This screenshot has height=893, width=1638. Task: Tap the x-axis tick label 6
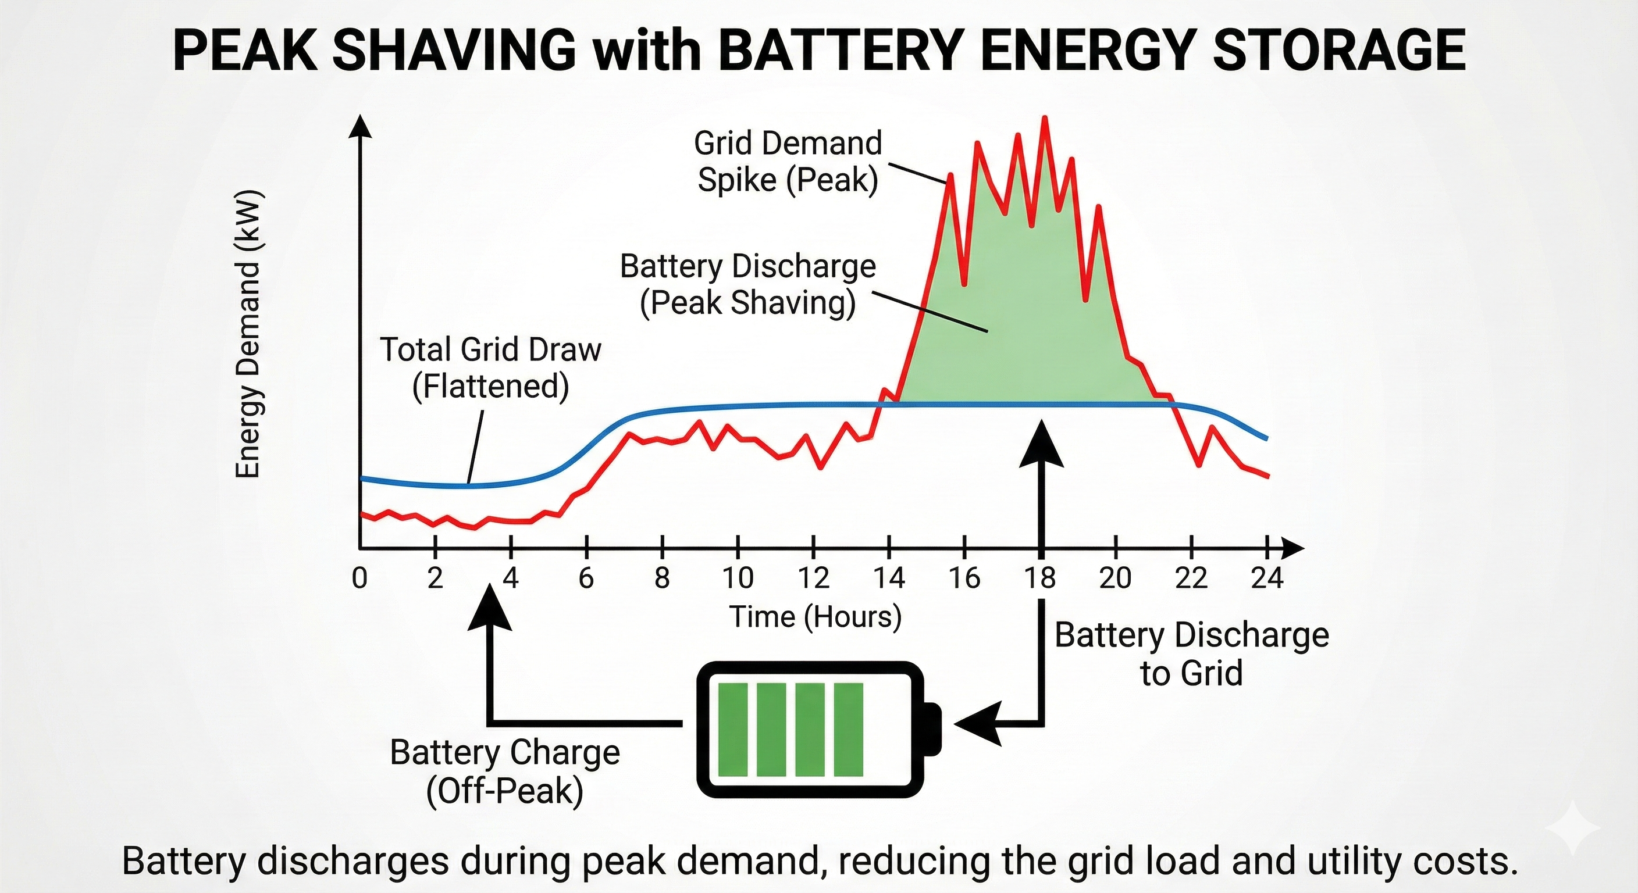[586, 578]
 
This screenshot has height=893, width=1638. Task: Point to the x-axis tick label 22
[1191, 578]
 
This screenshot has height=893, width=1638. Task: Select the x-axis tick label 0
[359, 578]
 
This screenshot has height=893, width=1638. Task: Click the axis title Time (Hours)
[815, 616]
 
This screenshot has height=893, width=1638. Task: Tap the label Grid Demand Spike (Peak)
[788, 162]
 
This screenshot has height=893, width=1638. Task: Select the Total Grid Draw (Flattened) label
[490, 368]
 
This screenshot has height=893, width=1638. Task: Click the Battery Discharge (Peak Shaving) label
[748, 284]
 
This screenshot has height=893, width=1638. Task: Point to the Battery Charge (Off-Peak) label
[505, 771]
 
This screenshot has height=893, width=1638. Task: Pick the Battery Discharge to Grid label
[1192, 654]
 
